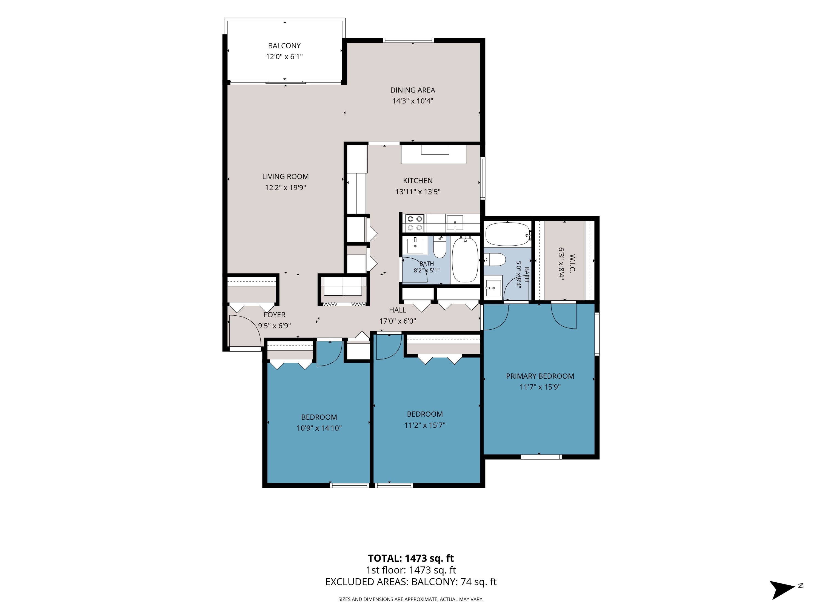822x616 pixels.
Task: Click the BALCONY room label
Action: [x=284, y=46]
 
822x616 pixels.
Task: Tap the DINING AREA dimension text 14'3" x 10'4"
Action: [x=412, y=101]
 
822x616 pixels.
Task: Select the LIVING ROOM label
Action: [x=286, y=177]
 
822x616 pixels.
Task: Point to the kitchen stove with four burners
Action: [x=415, y=223]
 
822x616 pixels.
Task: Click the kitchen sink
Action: [x=455, y=223]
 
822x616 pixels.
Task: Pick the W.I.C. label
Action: [x=572, y=263]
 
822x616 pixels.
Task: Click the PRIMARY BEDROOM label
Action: [x=540, y=376]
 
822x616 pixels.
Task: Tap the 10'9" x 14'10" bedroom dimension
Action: [x=319, y=428]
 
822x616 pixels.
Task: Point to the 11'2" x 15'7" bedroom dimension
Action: [x=425, y=425]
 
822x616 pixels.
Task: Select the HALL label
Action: [x=398, y=310]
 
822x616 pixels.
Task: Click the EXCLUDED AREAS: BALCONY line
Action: [x=411, y=582]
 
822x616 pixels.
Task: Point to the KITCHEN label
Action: [x=418, y=181]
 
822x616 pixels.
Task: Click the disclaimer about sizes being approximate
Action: [x=411, y=599]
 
